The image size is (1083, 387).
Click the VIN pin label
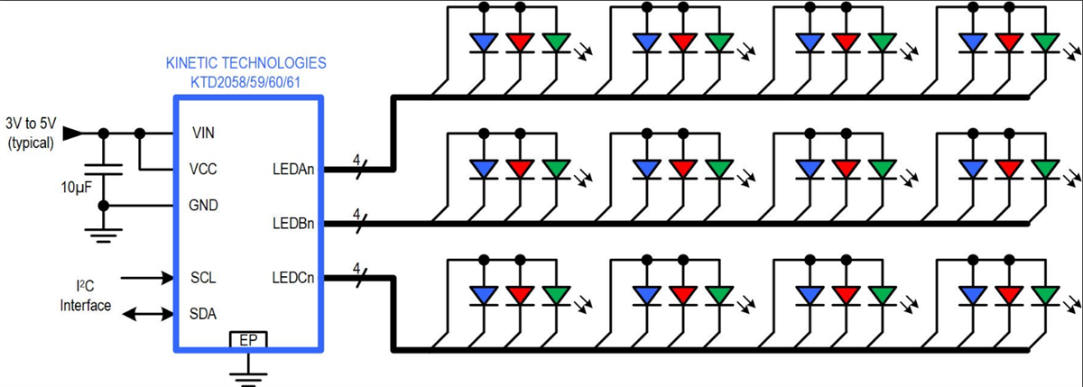203,133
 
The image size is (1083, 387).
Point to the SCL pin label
204,277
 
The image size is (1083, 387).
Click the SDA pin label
204,313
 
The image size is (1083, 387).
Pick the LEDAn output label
292,169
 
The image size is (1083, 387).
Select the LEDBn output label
292,223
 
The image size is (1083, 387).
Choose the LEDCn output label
292,277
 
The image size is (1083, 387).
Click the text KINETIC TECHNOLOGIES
246,64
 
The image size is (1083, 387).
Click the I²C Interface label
85,297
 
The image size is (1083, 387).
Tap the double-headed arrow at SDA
147,314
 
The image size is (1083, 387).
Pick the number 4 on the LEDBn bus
356,214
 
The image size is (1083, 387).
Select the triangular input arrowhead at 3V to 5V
71,134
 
